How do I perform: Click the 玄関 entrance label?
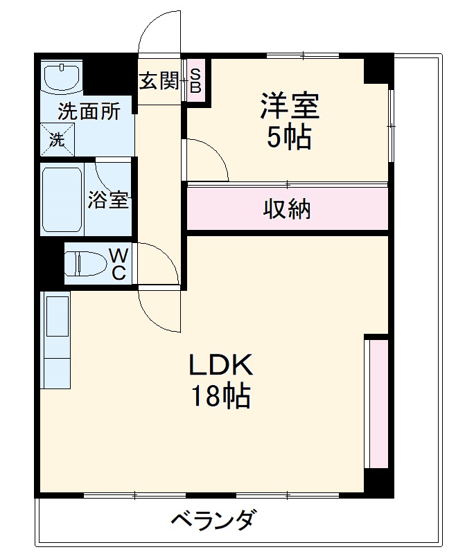coord(159,82)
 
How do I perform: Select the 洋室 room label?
coord(289,107)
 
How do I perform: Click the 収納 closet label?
coord(286,208)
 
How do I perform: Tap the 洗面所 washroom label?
coord(89,111)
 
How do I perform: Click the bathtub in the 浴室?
coord(62,199)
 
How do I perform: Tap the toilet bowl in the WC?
coord(85,264)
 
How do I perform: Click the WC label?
coord(119,264)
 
